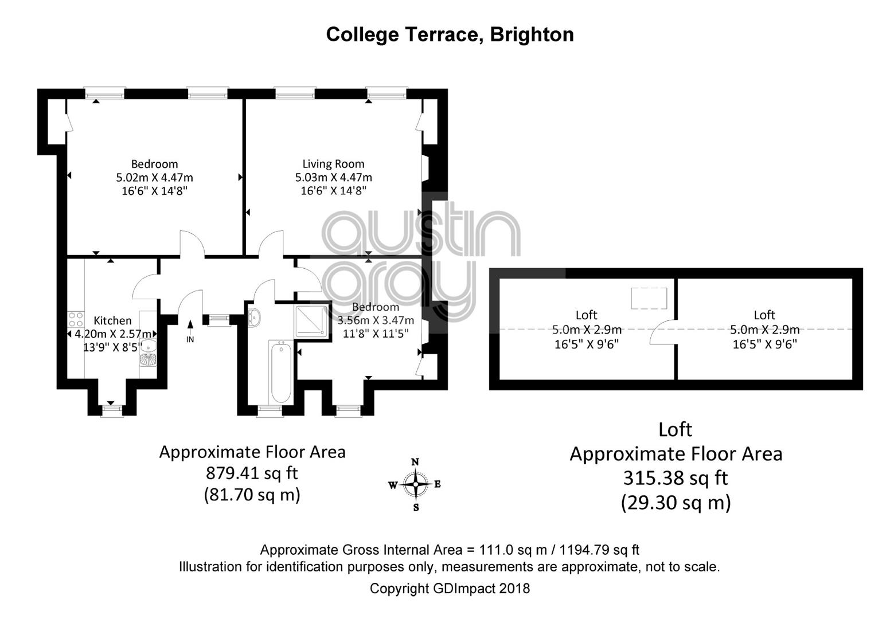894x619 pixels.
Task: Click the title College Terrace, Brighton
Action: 450,35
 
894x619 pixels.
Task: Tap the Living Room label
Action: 333,164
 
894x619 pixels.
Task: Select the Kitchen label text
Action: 112,320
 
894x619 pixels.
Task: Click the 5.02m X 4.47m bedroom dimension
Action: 154,177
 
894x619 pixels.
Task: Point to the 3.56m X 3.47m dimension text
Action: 376,320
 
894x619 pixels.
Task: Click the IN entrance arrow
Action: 190,327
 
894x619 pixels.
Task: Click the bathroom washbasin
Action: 254,318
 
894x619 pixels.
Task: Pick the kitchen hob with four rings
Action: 76,319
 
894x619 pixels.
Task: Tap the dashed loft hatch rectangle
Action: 649,299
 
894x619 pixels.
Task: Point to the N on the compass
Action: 415,462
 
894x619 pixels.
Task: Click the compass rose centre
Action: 416,484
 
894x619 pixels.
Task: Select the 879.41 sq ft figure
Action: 252,473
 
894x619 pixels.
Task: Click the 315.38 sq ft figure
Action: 676,477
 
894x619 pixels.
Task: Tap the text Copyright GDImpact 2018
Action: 450,588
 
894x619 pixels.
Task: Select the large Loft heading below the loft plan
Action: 676,429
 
